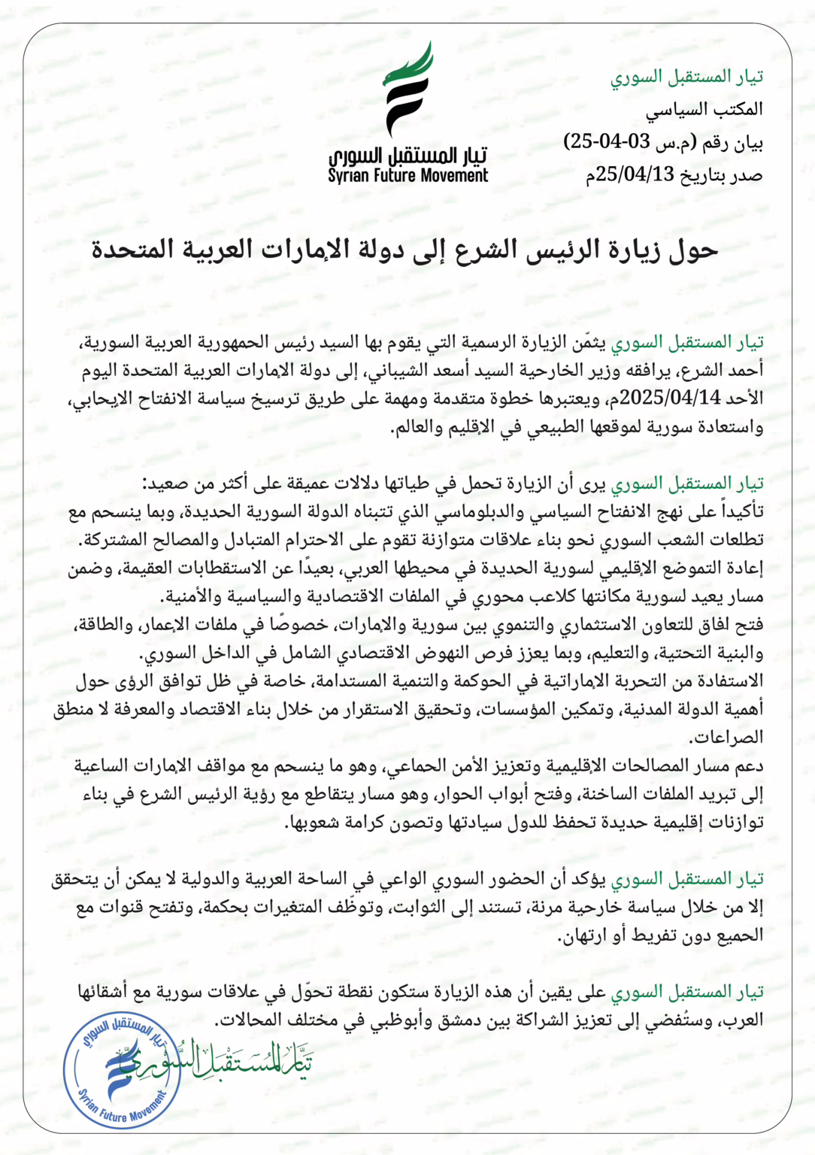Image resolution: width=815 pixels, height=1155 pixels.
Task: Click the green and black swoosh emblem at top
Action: pos(408,89)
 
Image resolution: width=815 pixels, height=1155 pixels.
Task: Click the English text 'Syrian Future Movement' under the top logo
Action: pos(407,176)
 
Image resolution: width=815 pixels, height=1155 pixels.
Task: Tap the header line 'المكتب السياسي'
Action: pos(704,110)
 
